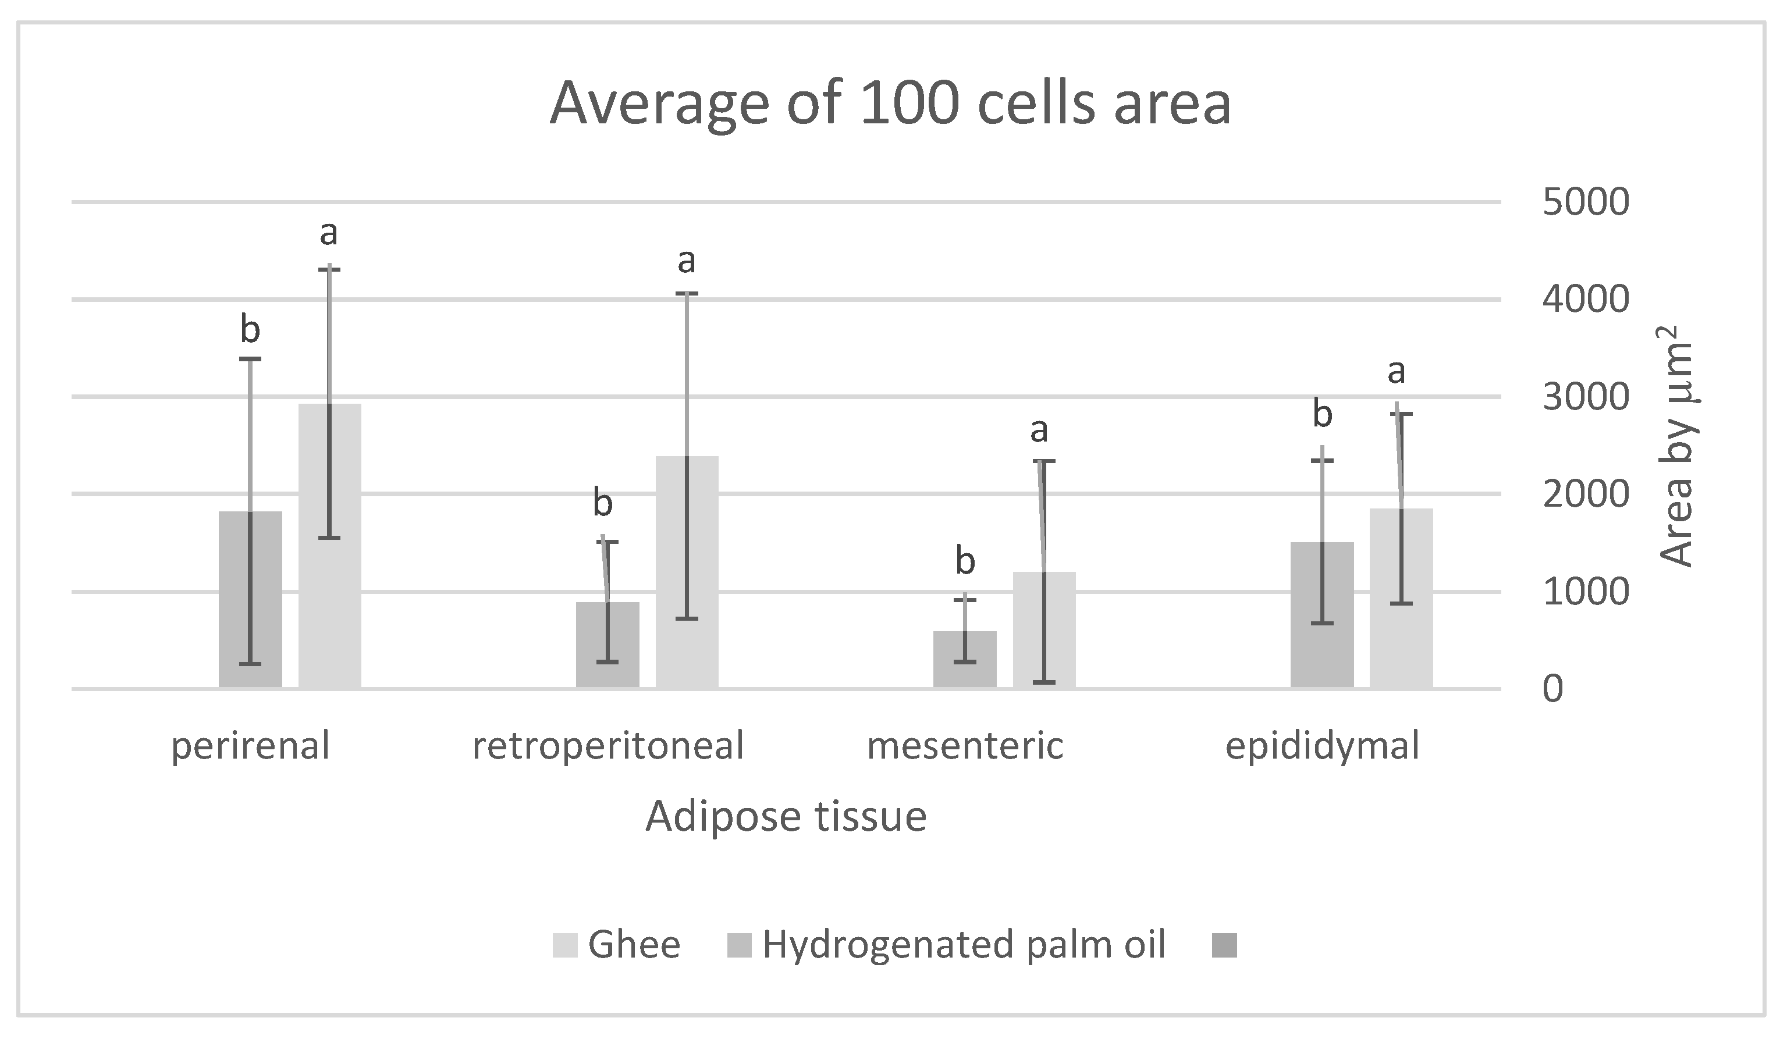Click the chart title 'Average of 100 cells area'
(890, 104)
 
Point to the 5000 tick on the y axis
(1586, 202)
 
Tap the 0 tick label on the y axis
(1553, 689)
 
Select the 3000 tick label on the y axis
(1586, 398)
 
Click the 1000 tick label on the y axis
(1586, 592)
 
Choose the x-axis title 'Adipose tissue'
(786, 817)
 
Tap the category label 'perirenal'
(250, 746)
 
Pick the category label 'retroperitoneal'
(608, 746)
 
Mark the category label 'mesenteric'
(965, 746)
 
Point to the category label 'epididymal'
(1322, 746)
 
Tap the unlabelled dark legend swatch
(1224, 945)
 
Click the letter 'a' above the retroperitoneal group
(686, 261)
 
